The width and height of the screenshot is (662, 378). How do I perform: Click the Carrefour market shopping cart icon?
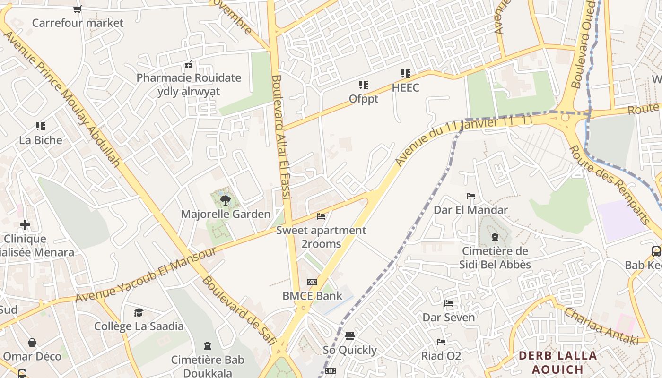(x=78, y=9)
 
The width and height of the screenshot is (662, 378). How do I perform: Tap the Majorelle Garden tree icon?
(x=226, y=200)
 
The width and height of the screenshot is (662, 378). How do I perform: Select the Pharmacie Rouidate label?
(x=189, y=78)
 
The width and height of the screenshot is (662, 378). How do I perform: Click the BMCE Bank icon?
(x=312, y=282)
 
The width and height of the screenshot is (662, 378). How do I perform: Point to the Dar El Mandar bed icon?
(x=470, y=196)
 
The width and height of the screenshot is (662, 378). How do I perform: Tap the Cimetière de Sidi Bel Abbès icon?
(x=495, y=237)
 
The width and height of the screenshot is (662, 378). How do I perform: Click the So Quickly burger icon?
(x=349, y=336)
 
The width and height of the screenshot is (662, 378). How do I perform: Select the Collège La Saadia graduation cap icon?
(x=139, y=312)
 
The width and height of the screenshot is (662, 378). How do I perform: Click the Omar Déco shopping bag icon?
(x=32, y=342)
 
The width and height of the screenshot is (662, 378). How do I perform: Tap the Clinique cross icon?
(x=25, y=225)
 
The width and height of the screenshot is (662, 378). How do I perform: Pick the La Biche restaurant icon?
(x=41, y=126)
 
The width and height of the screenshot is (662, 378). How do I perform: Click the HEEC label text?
(x=405, y=88)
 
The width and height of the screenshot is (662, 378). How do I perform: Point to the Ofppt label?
(x=364, y=99)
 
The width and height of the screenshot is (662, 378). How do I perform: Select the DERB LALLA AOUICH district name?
(x=557, y=362)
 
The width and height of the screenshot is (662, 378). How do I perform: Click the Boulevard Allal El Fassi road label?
(x=283, y=137)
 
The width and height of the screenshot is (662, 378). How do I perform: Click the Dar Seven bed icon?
(x=449, y=303)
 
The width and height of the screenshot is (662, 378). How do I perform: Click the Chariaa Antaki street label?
(x=601, y=326)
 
